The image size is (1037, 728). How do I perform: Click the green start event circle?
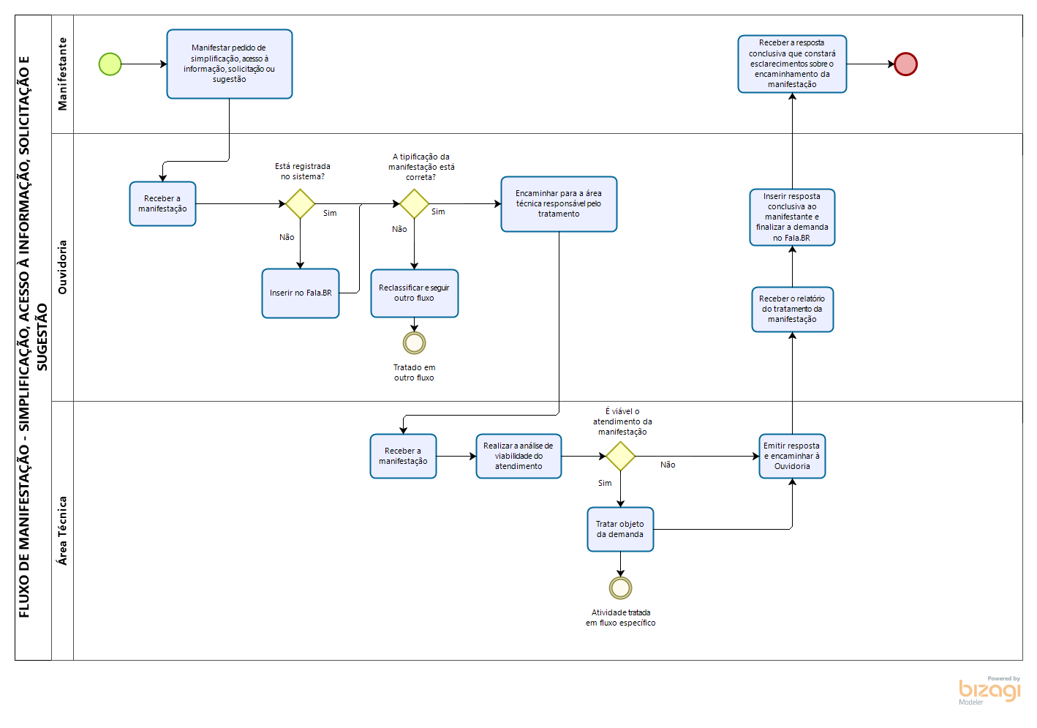point(110,64)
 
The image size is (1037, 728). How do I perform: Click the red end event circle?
point(905,64)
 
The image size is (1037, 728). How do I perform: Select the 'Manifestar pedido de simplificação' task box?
point(230,64)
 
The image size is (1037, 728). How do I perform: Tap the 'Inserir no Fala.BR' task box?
point(301,293)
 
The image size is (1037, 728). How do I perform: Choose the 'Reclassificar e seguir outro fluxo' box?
point(415,293)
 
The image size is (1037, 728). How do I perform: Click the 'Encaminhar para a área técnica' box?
point(559,204)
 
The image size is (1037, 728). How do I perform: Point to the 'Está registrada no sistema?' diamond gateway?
point(300,203)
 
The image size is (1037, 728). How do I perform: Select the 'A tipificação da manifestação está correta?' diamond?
point(414,203)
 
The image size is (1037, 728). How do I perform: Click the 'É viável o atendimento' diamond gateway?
point(620,457)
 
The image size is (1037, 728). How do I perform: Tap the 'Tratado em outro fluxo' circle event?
point(414,342)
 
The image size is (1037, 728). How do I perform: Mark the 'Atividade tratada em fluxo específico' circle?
point(620,588)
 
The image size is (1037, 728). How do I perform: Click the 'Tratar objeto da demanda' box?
point(620,530)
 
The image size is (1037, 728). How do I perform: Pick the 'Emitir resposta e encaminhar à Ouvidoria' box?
point(792,457)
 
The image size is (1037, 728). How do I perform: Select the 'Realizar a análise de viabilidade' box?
point(518,457)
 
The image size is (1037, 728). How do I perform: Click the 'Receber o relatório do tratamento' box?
point(792,309)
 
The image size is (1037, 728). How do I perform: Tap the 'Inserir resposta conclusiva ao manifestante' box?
point(792,217)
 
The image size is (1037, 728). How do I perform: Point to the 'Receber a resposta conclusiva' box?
point(792,64)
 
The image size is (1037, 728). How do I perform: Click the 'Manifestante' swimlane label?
point(62,74)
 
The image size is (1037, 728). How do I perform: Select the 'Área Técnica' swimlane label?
point(62,530)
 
